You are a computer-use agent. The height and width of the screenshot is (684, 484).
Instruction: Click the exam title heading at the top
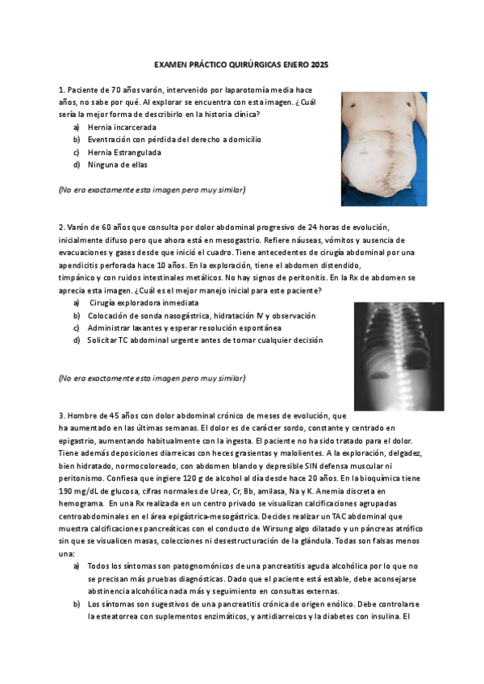click(241, 65)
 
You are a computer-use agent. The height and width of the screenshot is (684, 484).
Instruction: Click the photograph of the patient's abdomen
click(383, 148)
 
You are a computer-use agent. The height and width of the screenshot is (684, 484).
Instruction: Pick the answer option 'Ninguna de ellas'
click(118, 165)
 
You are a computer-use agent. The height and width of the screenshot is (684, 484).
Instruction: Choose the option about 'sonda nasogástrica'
click(202, 315)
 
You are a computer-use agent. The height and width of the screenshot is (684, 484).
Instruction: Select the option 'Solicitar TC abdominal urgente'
click(205, 340)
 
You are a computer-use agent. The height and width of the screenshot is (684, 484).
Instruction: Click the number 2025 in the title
click(318, 65)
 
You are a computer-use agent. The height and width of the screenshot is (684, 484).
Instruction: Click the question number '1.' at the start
click(61, 90)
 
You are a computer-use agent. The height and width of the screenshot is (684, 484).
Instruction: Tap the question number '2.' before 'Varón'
click(61, 227)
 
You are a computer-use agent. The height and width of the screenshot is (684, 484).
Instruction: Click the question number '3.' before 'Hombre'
click(61, 415)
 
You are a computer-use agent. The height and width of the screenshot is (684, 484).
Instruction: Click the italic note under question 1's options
click(152, 190)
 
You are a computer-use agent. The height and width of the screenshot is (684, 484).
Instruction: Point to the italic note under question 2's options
click(152, 377)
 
